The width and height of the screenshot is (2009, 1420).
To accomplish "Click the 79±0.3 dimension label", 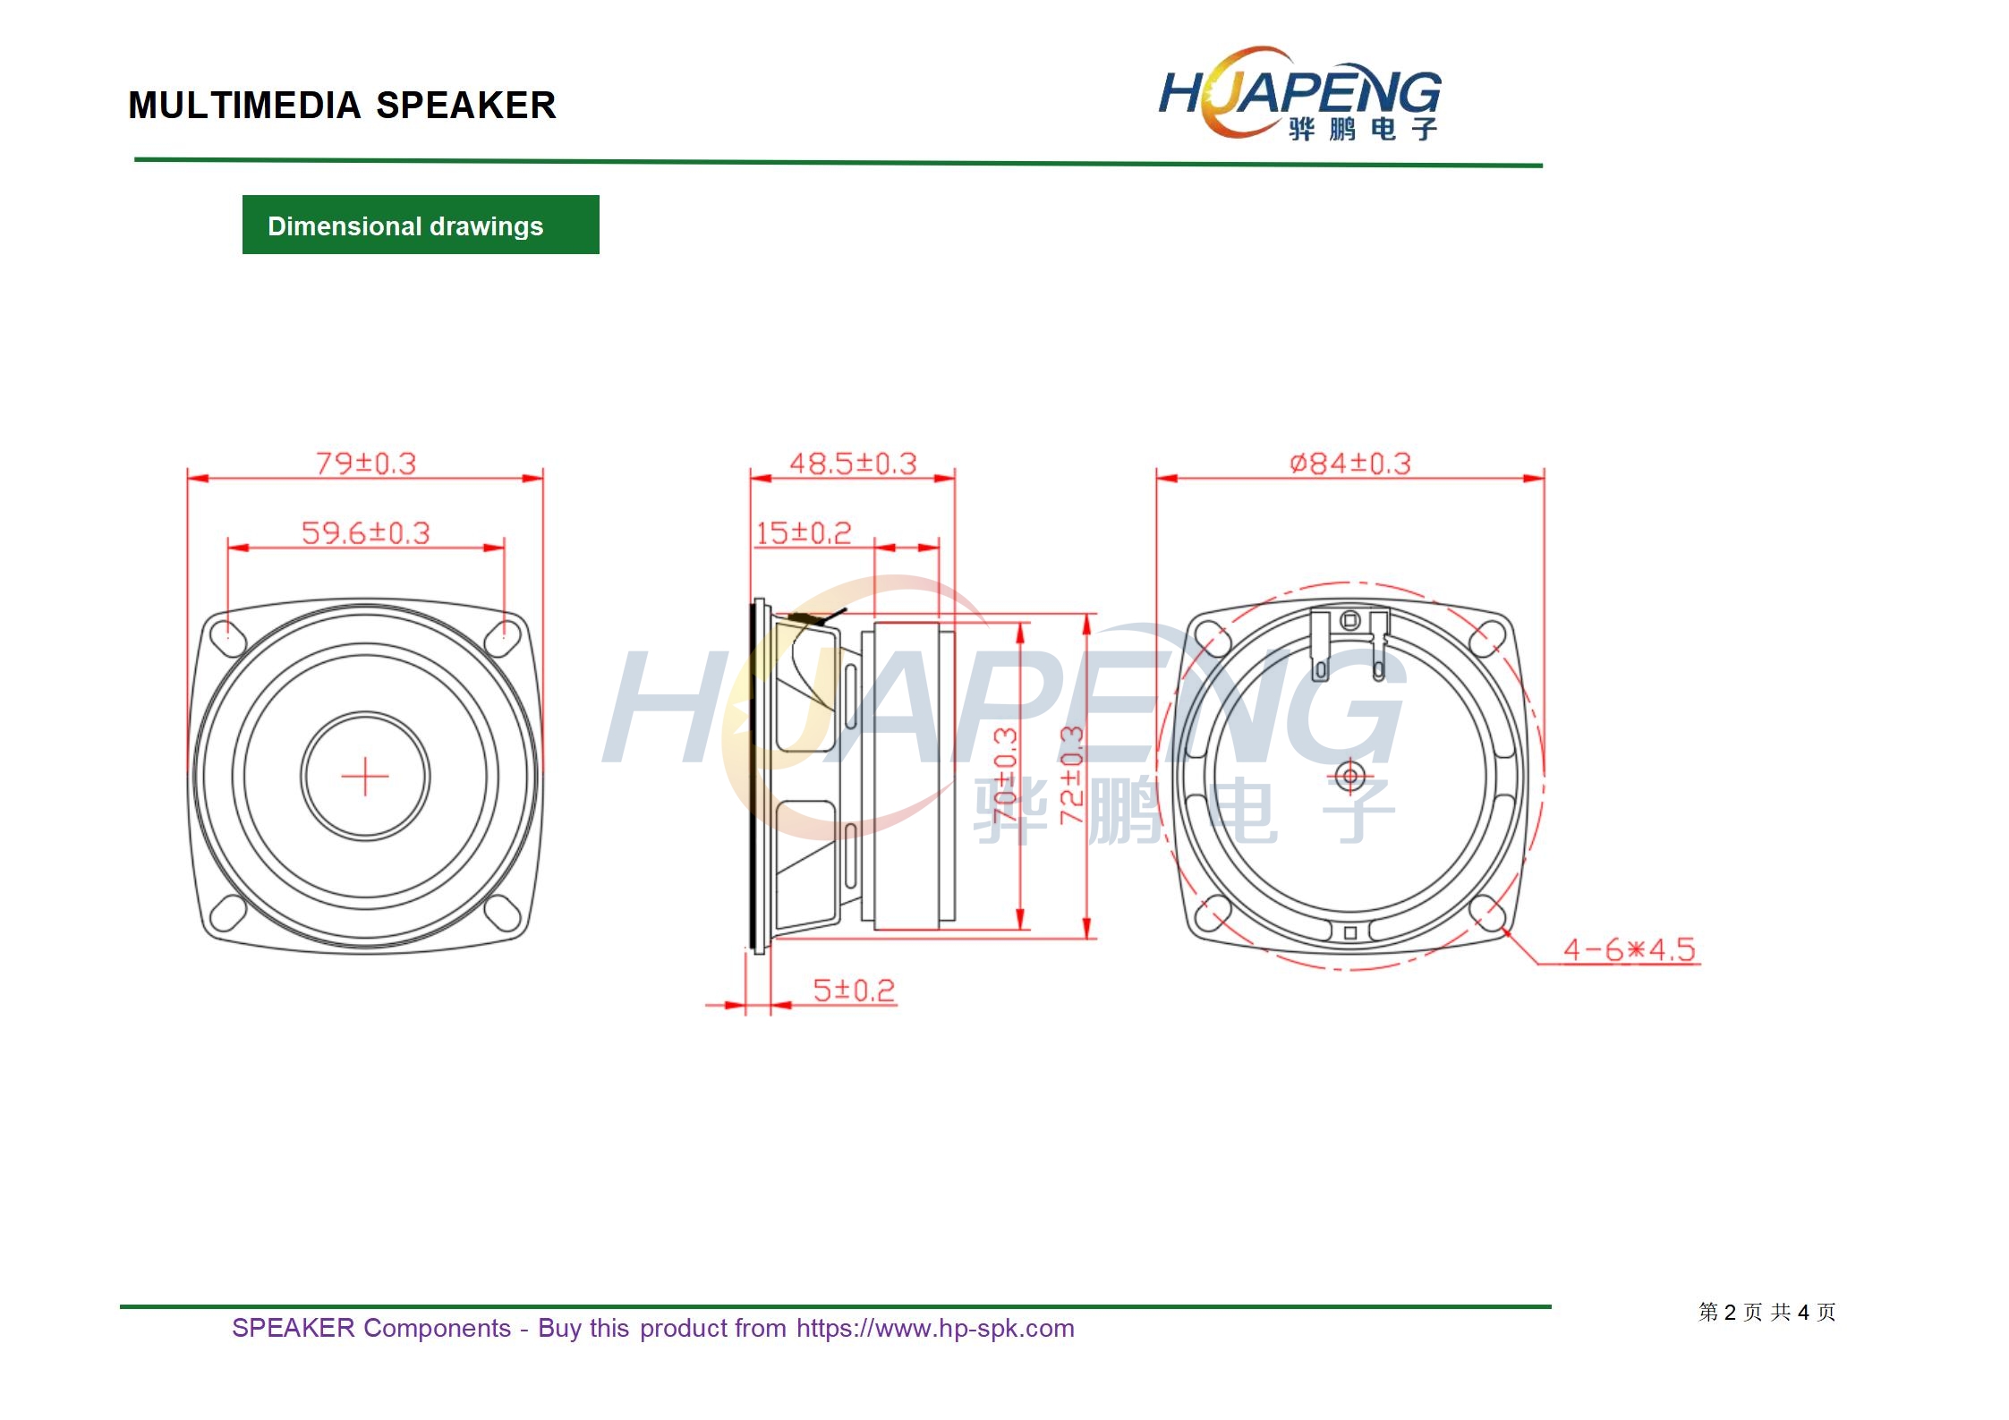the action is click(366, 463).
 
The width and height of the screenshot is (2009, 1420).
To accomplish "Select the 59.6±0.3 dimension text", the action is click(366, 533).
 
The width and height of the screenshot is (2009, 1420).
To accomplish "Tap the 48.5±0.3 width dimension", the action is click(853, 463).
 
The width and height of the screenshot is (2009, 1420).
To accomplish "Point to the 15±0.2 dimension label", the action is click(804, 533).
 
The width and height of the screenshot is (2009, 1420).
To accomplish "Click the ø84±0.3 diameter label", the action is click(1350, 463).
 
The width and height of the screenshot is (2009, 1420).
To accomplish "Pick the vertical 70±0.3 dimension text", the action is click(1005, 776).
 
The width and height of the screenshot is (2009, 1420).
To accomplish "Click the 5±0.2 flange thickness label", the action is click(854, 991).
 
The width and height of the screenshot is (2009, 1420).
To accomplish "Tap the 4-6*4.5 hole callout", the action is click(1630, 949).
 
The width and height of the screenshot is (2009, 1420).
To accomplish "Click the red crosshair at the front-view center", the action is click(365, 776).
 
